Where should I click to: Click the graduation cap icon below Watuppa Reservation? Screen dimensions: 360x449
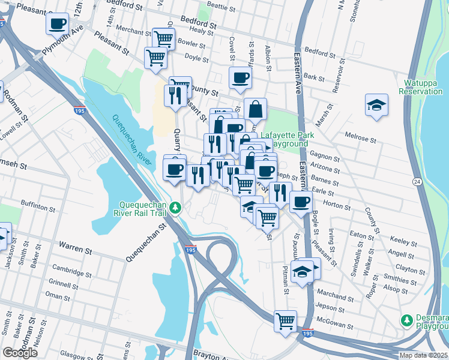[x=376, y=106]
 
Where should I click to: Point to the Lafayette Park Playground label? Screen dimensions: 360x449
[x=284, y=139]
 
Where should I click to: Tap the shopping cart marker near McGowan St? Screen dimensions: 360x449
[x=286, y=320]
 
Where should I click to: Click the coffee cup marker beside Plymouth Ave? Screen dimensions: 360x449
[x=58, y=23]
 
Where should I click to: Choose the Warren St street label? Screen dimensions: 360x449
[x=74, y=245]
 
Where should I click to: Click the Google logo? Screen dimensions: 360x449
[x=20, y=353]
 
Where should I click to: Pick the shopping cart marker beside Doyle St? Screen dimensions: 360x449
[x=155, y=58]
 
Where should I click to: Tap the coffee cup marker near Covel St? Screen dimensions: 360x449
[x=240, y=77]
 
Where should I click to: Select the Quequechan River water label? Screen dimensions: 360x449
[x=131, y=135]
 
